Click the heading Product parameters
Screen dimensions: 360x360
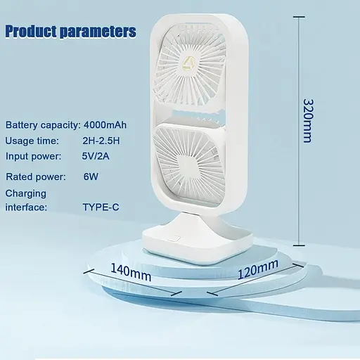coord(70,32)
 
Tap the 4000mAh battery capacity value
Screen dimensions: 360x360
coord(105,125)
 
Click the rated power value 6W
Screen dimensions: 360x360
coord(91,177)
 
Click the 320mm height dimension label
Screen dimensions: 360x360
coord(307,120)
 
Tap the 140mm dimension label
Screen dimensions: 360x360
coord(131,271)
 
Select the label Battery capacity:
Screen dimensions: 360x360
coord(42,125)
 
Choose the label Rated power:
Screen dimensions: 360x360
coord(36,177)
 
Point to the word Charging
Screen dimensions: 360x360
coord(26,193)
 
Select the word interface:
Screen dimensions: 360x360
coord(27,207)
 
